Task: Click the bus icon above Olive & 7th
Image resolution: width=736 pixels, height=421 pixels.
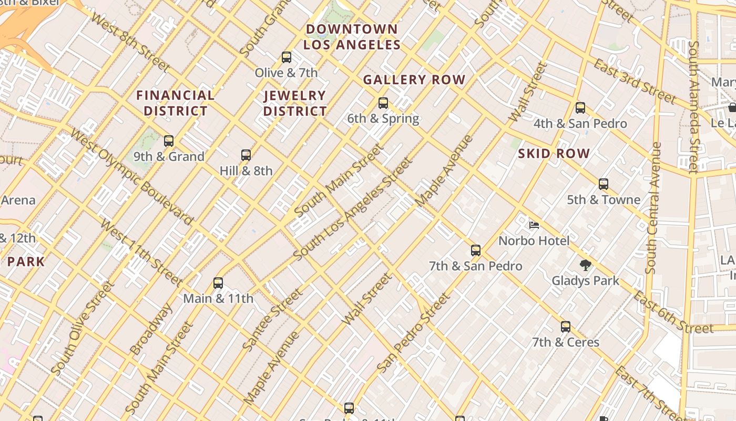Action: (287, 57)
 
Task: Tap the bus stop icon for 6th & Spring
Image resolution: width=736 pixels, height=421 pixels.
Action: (383, 103)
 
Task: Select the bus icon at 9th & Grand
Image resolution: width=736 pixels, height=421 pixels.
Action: (169, 141)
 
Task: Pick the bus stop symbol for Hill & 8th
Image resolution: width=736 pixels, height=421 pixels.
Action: (246, 155)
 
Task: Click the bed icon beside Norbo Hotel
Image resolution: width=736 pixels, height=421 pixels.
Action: (534, 226)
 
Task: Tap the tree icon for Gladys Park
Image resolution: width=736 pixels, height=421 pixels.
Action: (585, 265)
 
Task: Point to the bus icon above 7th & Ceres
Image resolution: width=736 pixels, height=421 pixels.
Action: (566, 327)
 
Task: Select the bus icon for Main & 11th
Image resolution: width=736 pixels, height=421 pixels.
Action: (218, 283)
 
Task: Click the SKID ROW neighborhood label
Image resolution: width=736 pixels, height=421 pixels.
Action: (554, 154)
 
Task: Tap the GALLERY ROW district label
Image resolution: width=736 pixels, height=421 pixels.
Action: (414, 80)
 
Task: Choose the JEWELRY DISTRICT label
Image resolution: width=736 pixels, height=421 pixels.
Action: (295, 103)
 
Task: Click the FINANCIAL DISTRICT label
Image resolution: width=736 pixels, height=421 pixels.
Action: (175, 103)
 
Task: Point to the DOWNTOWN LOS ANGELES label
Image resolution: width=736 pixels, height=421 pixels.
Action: (352, 37)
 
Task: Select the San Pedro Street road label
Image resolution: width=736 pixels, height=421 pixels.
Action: (414, 333)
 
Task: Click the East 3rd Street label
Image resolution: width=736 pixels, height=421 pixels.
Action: (635, 82)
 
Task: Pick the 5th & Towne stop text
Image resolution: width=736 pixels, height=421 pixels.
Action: (604, 200)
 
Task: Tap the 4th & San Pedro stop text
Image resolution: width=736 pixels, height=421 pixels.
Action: (580, 124)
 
